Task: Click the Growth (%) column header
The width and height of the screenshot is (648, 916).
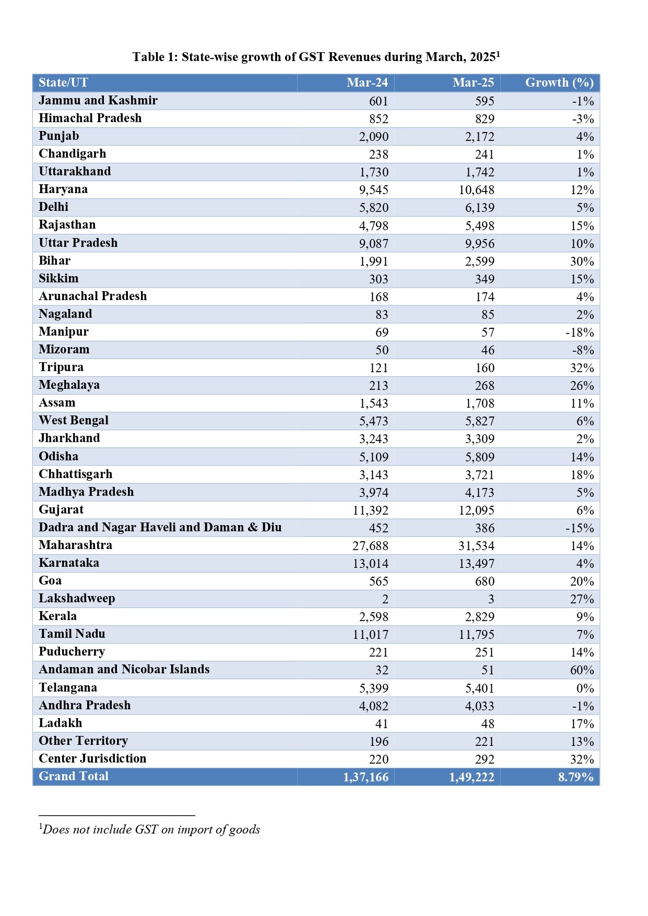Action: click(559, 82)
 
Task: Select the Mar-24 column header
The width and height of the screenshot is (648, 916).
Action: click(367, 82)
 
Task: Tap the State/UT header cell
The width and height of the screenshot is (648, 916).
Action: click(63, 82)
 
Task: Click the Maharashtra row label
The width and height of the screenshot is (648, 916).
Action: click(75, 545)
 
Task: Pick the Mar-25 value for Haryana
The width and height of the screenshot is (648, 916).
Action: click(476, 190)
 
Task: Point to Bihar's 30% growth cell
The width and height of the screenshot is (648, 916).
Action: click(582, 261)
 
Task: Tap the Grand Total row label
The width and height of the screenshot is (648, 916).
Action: click(74, 776)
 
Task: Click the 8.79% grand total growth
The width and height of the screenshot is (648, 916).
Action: click(575, 777)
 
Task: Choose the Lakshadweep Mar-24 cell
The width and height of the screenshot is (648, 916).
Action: click(385, 599)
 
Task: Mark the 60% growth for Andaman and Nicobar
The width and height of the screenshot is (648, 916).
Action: click(582, 670)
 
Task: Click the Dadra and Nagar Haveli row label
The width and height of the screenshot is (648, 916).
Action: click(160, 527)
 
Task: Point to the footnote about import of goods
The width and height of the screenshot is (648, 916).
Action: click(150, 829)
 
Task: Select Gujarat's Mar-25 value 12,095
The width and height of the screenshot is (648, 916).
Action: click(476, 510)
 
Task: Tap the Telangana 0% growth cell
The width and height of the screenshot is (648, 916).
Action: click(585, 688)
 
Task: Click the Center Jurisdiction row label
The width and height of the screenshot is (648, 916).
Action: click(92, 758)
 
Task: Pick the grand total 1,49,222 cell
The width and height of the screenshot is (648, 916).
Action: click(471, 777)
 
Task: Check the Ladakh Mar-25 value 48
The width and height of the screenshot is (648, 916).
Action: click(488, 723)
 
